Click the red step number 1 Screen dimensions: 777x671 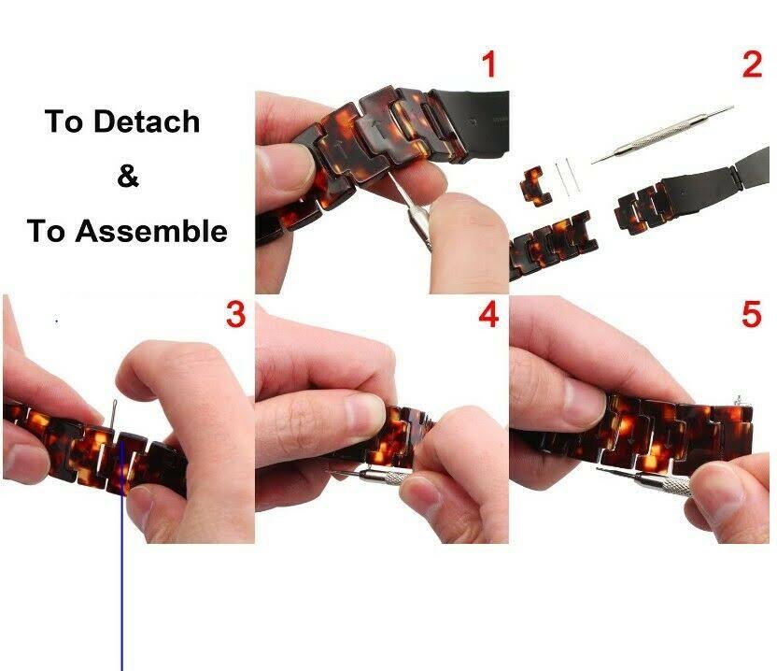click(x=489, y=64)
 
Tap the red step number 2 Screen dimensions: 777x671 click(x=752, y=64)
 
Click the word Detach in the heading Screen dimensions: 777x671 click(x=147, y=121)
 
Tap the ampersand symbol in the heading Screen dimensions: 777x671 click(x=128, y=175)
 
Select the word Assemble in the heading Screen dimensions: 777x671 click(x=151, y=231)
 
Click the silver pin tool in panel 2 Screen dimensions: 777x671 click(x=662, y=135)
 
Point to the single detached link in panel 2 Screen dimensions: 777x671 click(x=534, y=185)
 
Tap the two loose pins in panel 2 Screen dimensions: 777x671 click(x=566, y=178)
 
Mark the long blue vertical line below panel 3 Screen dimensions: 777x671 click(x=121, y=555)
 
